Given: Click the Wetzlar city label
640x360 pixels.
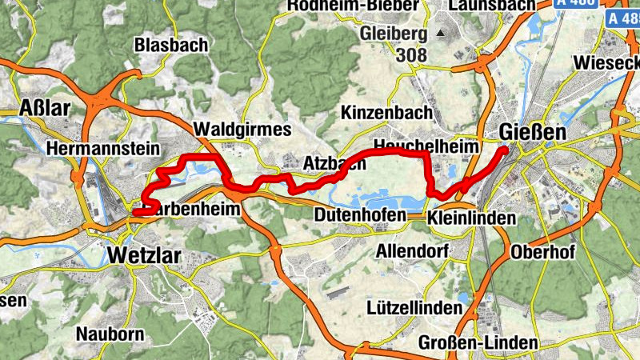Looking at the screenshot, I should click(144, 256).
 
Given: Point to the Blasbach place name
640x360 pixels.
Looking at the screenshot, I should click(171, 45).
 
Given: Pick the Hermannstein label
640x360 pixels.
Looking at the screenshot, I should click(103, 149).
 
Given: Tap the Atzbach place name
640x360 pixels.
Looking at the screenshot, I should click(334, 163).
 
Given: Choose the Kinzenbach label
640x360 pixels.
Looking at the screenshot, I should click(386, 113).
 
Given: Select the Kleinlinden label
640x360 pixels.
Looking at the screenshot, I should click(472, 218).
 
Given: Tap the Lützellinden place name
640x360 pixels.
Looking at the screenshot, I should click(414, 307).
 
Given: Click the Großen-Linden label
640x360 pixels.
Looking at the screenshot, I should click(478, 343).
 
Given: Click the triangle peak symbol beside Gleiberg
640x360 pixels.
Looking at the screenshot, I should click(440, 34).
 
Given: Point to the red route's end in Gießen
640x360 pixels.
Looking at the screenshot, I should click(505, 148).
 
